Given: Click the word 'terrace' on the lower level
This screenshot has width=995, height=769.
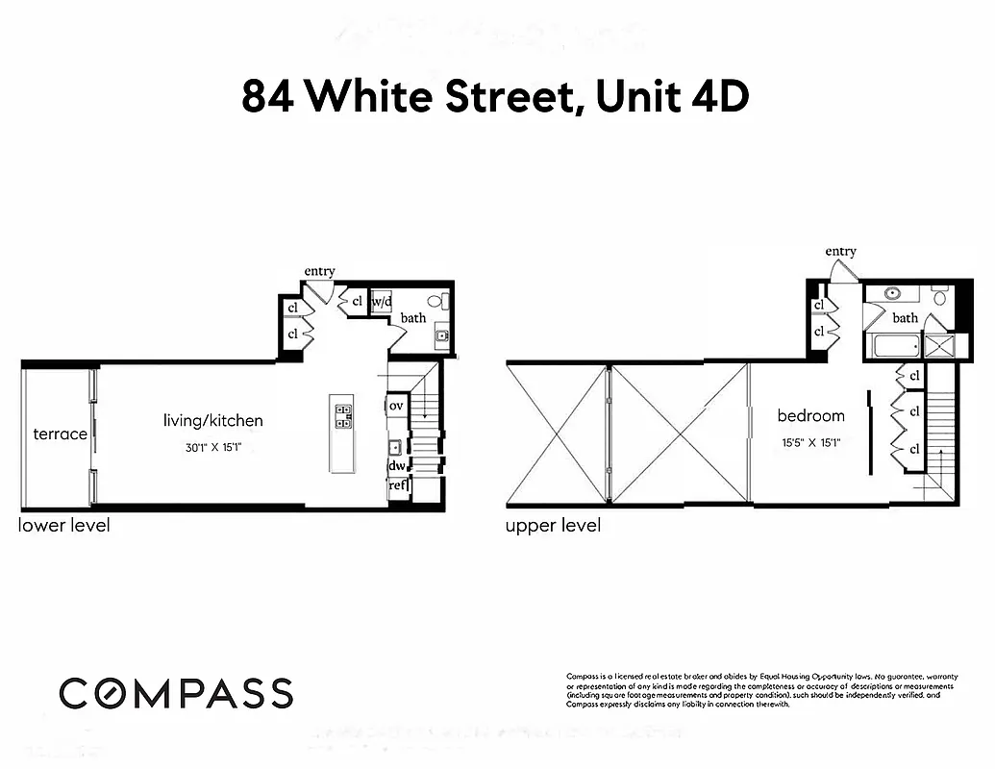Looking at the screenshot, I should pos(60,434).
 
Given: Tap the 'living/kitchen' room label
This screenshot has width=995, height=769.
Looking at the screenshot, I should pos(212,420).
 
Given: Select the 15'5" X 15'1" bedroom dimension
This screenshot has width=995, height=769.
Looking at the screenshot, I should pos(811,443).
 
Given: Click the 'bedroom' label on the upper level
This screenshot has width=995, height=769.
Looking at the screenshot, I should pos(811,415).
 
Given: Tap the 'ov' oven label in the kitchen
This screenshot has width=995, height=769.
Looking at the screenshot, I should pos(396,407).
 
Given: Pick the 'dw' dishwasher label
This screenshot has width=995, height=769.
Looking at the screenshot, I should pos(396,466).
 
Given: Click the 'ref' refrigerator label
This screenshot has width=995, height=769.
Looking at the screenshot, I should pos(397,486).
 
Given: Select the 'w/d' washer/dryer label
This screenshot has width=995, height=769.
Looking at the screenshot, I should pos(382,301).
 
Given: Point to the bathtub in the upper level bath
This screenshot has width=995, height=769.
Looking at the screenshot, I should pos(893,346).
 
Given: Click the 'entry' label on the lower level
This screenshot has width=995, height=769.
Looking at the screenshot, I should pos(319,271).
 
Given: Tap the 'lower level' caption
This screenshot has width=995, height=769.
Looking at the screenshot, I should pos(64,525).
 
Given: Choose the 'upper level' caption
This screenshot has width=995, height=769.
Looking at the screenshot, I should pos(553,526).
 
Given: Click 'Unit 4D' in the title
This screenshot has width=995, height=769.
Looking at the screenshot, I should pos(670,98).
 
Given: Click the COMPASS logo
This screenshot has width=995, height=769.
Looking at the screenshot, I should pos(176,693).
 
